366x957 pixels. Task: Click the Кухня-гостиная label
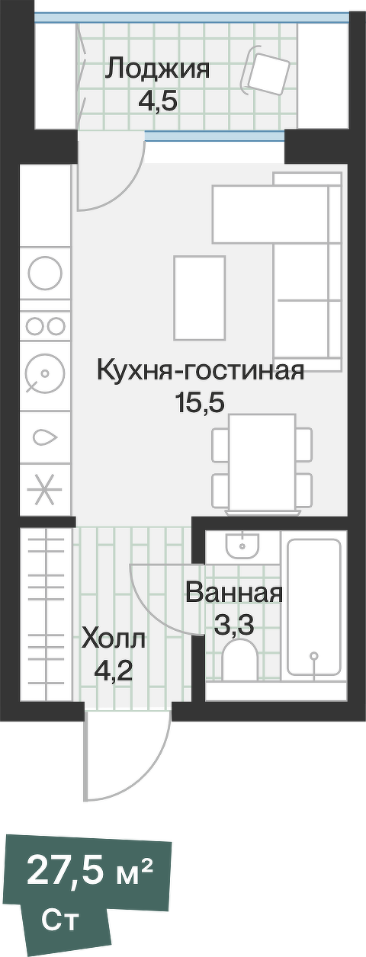click(200, 372)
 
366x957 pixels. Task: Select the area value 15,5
click(200, 403)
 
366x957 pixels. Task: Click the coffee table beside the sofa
click(200, 298)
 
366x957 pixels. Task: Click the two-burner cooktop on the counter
click(45, 326)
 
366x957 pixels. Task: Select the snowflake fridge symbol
click(44, 488)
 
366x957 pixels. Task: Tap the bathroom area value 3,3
click(233, 626)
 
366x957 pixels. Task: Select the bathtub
click(313, 607)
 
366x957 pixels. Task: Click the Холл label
click(113, 639)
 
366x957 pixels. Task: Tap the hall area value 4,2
click(112, 671)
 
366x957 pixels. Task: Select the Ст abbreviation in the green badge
click(59, 920)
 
